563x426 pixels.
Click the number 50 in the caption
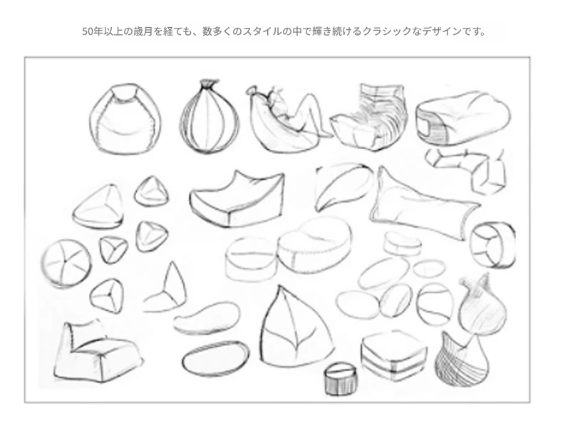[87, 31]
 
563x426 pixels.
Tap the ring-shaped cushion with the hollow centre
[492, 245]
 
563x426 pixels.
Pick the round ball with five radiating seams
[66, 263]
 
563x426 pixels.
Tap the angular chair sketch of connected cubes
[467, 168]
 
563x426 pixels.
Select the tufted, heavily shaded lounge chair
[370, 117]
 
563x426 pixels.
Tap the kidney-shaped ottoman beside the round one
[314, 245]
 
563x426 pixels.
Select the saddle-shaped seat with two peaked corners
[238, 200]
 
